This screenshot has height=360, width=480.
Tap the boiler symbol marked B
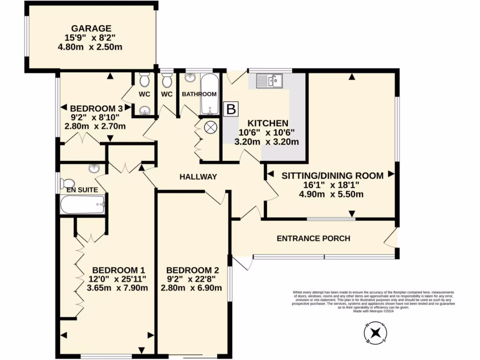(231, 110)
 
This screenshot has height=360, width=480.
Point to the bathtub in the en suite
(82, 204)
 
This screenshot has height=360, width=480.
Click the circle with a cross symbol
(210, 127)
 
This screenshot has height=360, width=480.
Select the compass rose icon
(375, 333)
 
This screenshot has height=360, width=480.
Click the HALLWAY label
(199, 177)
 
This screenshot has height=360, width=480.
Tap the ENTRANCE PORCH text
(314, 238)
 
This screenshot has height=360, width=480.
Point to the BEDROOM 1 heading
(118, 270)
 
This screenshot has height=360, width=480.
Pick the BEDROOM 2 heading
(192, 270)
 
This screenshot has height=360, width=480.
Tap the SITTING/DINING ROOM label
(332, 175)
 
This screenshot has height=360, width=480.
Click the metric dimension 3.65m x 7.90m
(118, 288)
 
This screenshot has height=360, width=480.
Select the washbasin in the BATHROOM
(191, 78)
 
